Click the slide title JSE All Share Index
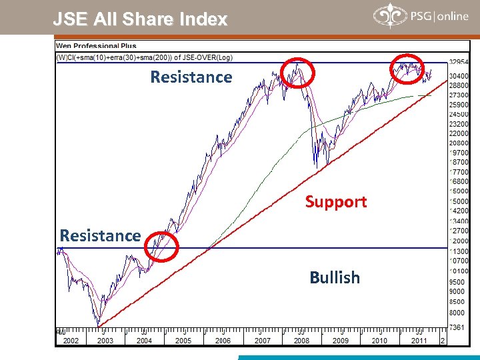(140, 19)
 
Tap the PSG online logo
(421, 16)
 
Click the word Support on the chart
(336, 202)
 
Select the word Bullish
(335, 277)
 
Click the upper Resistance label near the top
(191, 77)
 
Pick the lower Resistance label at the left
(100, 235)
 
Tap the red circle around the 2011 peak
(407, 68)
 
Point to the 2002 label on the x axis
(71, 341)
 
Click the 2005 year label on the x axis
(183, 341)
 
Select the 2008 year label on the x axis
(301, 341)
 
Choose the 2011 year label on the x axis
(419, 341)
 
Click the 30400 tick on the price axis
(459, 77)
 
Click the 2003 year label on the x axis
(105, 341)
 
